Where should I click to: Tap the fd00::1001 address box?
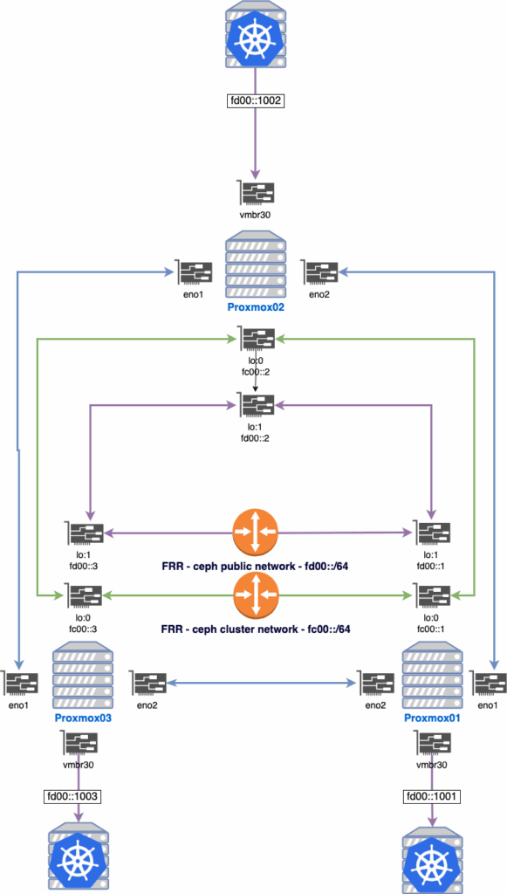(430, 796)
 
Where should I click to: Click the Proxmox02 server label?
(255, 307)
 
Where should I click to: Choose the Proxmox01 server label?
(430, 718)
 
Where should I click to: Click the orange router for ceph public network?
(255, 533)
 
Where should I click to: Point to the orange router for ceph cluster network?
(255, 596)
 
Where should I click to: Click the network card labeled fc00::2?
(256, 339)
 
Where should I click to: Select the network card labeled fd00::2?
(256, 404)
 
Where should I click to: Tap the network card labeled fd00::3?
(85, 533)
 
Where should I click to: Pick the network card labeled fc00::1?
(431, 596)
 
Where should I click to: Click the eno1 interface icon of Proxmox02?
(194, 272)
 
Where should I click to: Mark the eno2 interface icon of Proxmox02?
(318, 272)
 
